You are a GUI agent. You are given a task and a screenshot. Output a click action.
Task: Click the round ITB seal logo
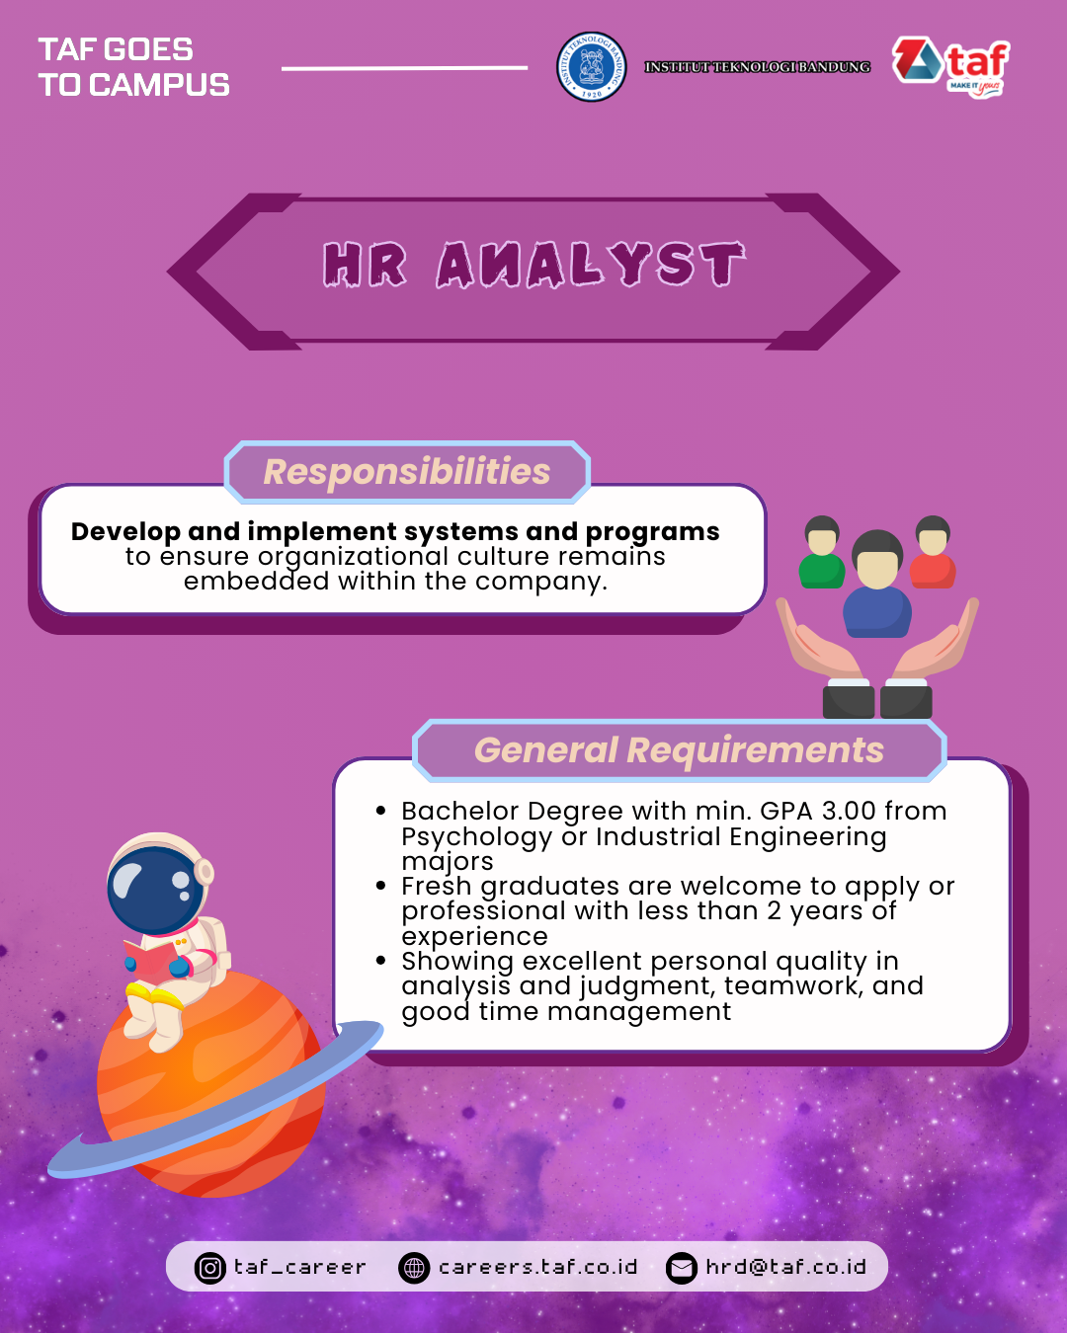592,67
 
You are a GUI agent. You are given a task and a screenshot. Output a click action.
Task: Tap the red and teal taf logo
951,67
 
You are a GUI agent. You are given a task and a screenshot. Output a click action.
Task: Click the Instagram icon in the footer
209,1268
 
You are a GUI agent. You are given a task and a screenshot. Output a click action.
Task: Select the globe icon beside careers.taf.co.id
414,1268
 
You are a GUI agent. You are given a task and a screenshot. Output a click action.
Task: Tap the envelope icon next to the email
682,1268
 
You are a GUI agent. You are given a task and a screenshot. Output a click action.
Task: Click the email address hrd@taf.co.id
786,1267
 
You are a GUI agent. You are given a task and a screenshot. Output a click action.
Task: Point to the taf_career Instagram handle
300,1268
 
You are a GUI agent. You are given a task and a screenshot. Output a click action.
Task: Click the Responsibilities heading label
407,471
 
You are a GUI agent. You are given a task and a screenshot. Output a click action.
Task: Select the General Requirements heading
679,750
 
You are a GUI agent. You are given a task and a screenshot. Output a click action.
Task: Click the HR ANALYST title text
533,265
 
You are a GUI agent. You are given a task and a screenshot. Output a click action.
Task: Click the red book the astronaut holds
149,960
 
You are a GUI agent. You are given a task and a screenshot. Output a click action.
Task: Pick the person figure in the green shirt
822,552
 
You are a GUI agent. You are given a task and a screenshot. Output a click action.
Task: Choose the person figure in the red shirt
933,552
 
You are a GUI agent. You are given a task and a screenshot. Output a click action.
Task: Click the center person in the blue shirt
877,584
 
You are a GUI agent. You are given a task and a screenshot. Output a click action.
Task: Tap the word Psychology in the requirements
477,837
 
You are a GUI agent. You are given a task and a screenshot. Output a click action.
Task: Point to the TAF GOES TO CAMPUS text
134,67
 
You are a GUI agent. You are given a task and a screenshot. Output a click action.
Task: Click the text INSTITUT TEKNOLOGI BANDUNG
758,67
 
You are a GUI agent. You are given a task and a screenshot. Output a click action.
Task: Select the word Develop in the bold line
125,532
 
